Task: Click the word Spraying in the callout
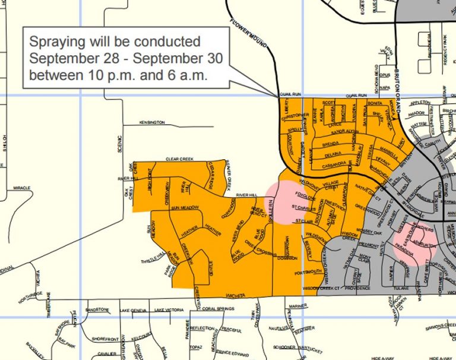tap(57, 43)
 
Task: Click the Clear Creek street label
tap(180, 159)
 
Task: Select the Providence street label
tap(362, 288)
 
